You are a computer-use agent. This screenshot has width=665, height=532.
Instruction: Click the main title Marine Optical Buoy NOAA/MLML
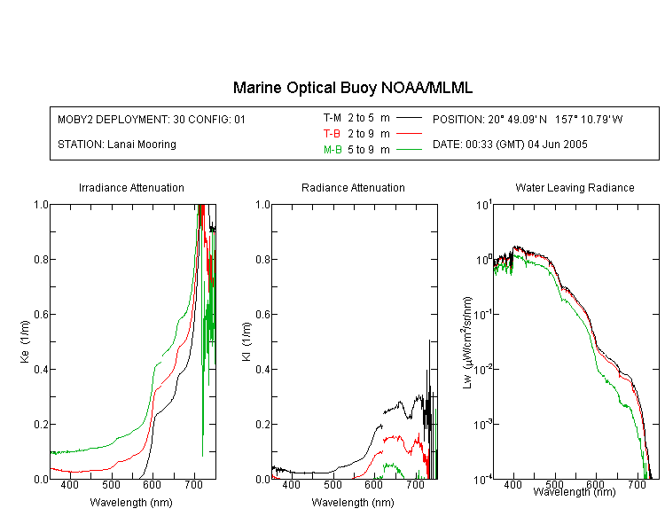tap(352, 88)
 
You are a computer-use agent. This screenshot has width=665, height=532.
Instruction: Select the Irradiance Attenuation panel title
tap(131, 187)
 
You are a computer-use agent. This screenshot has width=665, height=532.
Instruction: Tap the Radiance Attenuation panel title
tap(353, 187)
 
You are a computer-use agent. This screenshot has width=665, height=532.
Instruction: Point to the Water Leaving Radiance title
tap(575, 187)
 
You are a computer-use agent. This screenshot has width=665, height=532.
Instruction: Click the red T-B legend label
tap(332, 134)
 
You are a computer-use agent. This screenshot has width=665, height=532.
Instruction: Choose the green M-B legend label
tap(332, 149)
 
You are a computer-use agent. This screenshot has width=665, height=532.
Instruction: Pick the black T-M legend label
tap(332, 118)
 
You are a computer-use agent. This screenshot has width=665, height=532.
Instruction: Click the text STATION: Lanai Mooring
tap(117, 145)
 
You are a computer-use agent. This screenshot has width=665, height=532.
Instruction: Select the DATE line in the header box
tap(510, 145)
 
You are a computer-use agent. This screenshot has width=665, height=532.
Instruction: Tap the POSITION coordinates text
tap(528, 119)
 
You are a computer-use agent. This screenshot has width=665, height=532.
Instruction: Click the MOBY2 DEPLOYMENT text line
tap(152, 119)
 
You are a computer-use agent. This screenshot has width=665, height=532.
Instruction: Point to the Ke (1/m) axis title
tap(25, 341)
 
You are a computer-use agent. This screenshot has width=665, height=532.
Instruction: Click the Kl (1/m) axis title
tap(246, 341)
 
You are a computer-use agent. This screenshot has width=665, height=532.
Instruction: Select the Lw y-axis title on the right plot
tap(467, 342)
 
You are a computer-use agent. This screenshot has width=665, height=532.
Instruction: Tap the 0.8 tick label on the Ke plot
tap(41, 259)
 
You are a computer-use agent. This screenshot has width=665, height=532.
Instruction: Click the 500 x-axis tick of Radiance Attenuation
tap(332, 484)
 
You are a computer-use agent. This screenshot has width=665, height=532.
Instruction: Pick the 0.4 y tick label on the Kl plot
tap(263, 370)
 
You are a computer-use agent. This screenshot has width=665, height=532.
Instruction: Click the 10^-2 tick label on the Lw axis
tap(483, 370)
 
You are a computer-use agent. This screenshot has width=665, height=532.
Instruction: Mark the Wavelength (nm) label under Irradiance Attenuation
tap(131, 503)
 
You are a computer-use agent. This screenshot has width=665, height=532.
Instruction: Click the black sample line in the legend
tap(409, 118)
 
